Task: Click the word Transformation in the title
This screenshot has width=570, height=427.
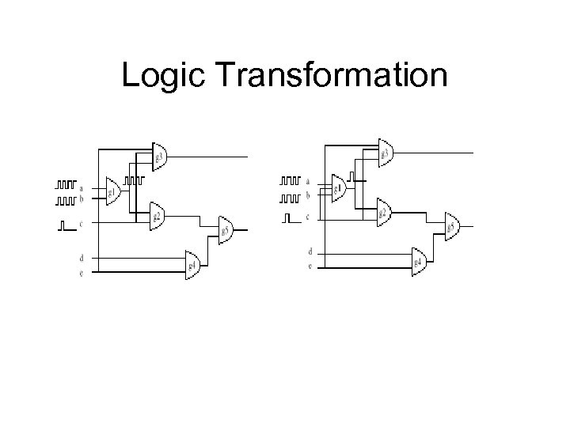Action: [x=331, y=76]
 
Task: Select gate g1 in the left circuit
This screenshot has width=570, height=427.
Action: [x=112, y=192]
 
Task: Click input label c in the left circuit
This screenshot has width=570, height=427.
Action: [x=81, y=224]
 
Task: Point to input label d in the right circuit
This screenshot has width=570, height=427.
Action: [x=310, y=251]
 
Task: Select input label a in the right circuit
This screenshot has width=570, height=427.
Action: [x=307, y=180]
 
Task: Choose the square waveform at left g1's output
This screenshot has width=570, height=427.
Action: [x=135, y=180]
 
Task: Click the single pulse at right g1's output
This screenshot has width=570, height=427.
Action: [x=351, y=176]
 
